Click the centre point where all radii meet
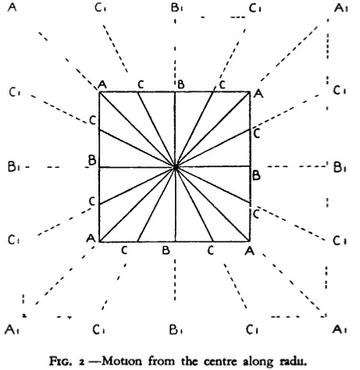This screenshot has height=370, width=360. pyautogui.click(x=175, y=167)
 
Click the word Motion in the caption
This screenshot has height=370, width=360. pyautogui.click(x=123, y=361)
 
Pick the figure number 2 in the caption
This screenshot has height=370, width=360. pyautogui.click(x=82, y=361)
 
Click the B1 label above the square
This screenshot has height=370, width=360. pyautogui.click(x=176, y=8)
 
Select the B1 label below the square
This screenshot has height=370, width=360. pyautogui.click(x=176, y=329)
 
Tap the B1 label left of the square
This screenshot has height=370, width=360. pyautogui.click(x=14, y=166)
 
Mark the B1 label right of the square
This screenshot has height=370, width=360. pyautogui.click(x=340, y=167)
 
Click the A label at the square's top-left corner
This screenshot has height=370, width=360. pyautogui.click(x=102, y=85)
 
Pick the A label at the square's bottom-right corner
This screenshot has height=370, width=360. pyautogui.click(x=250, y=251)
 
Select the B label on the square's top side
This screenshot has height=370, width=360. pyautogui.click(x=181, y=84)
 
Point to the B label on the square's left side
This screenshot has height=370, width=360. pyautogui.click(x=92, y=160)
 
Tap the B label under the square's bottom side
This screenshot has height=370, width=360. pyautogui.click(x=166, y=251)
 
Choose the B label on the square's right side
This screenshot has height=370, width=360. pyautogui.click(x=256, y=176)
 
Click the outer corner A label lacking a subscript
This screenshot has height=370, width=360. pyautogui.click(x=12, y=7)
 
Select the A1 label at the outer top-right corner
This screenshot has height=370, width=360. pyautogui.click(x=340, y=8)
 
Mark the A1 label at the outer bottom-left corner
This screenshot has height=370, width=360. pyautogui.click(x=12, y=329)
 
